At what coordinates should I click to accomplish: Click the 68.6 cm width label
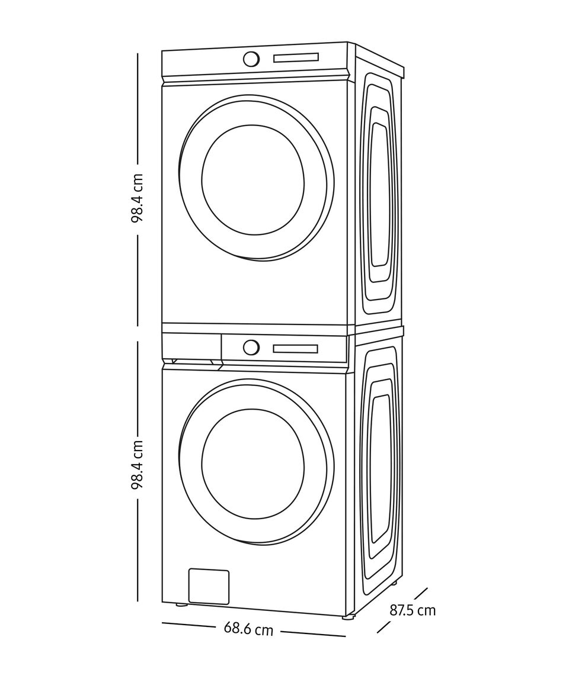[248, 629]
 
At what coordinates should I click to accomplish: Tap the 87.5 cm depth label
[413, 610]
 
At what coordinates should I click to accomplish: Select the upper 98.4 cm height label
[138, 198]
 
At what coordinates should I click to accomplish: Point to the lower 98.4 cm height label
[138, 464]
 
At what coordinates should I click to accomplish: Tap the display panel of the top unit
[296, 57]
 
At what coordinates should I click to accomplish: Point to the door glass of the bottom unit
[252, 464]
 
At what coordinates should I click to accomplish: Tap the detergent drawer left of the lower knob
[191, 347]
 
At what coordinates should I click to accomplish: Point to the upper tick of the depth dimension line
[421, 593]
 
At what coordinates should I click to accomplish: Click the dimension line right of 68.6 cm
[312, 633]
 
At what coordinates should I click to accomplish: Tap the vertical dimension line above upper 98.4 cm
[138, 107]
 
